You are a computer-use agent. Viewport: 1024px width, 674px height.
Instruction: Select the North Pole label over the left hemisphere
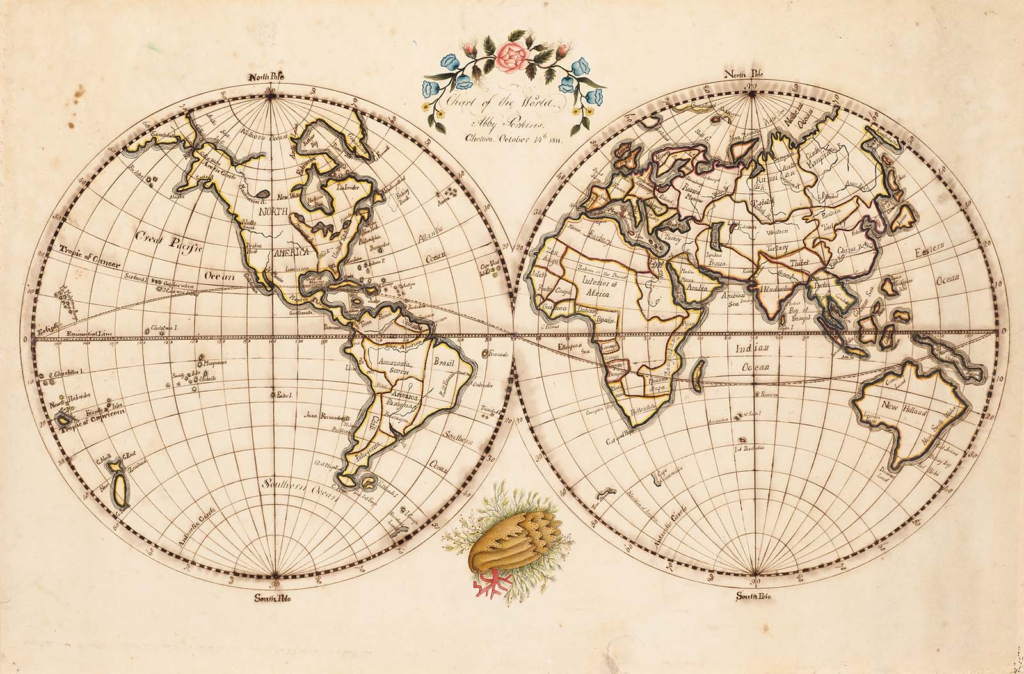point(266,78)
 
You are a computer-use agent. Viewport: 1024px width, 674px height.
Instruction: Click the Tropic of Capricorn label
point(91,428)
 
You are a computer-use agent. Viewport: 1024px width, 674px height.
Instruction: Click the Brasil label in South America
point(444,364)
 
